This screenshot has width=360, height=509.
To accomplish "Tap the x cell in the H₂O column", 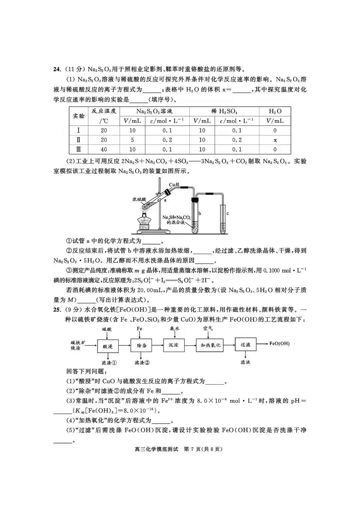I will (275, 140).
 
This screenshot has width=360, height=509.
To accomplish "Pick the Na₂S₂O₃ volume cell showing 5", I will (132, 140).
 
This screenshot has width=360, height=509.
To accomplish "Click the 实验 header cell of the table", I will (79, 116).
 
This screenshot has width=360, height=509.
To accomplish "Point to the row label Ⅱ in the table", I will (79, 140).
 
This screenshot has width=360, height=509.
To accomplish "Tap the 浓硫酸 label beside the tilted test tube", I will (139, 199).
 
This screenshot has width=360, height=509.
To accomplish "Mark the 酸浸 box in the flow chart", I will (108, 346).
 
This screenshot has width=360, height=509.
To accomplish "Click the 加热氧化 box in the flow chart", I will (210, 345).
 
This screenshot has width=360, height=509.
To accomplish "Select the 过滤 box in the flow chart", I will (245, 344).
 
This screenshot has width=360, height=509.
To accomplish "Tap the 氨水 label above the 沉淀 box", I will (174, 329).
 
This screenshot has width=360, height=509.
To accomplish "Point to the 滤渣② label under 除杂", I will (142, 363).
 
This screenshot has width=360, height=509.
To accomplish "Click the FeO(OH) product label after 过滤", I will (279, 344).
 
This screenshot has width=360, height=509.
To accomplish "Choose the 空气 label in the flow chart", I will (208, 329).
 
